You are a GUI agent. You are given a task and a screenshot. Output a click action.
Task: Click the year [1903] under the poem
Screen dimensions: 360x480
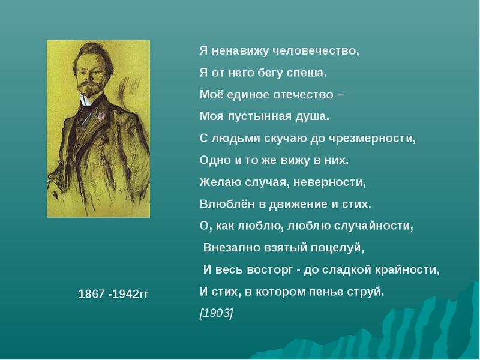pos(217,314)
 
